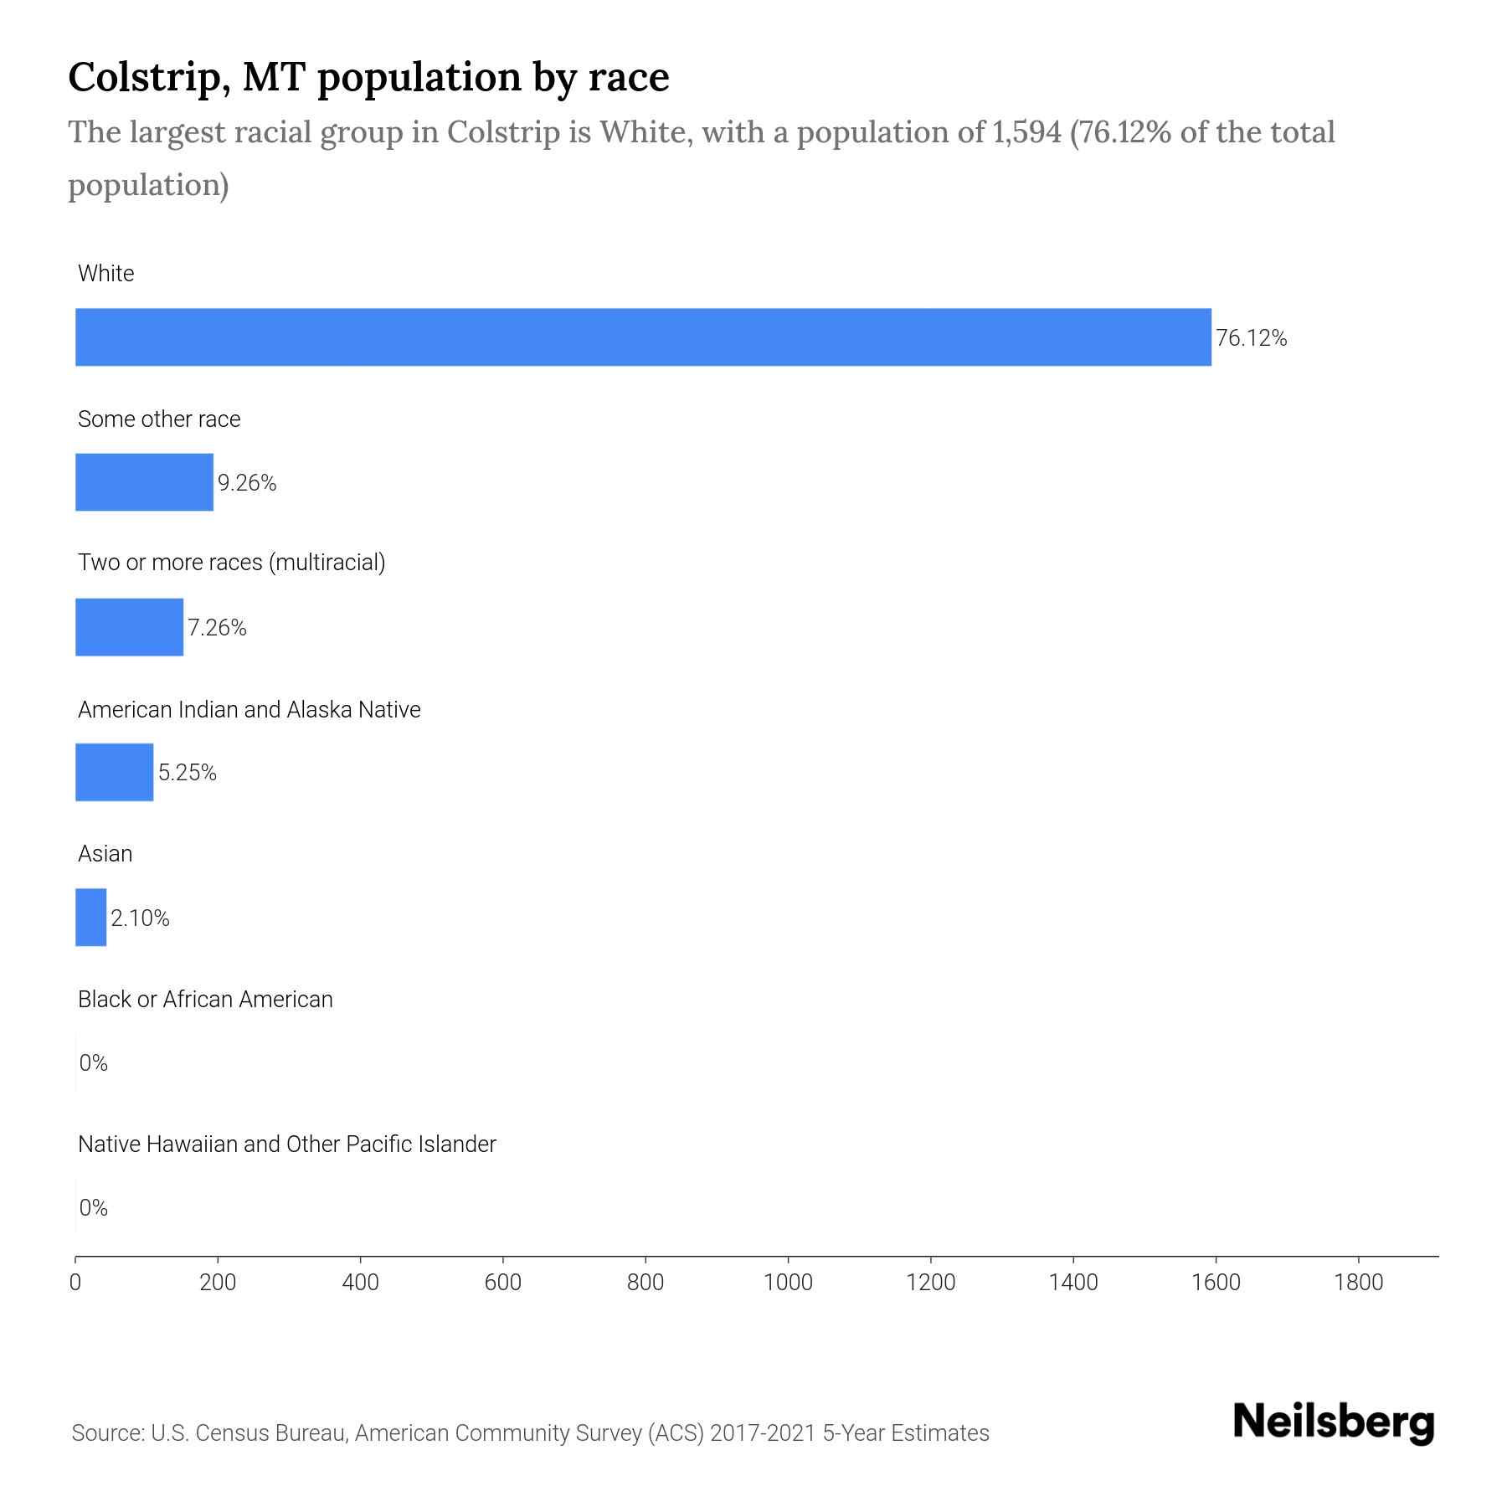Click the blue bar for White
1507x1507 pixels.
[x=643, y=337]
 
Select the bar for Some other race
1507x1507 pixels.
[x=144, y=482]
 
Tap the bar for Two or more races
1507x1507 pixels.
[x=129, y=627]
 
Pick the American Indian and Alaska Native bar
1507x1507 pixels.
[x=114, y=772]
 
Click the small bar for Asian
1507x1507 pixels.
[x=90, y=917]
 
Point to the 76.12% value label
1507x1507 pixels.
[x=1251, y=338]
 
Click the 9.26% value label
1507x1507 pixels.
[x=247, y=483]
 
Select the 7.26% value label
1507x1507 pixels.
[x=217, y=628]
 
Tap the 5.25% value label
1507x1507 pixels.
[x=188, y=773]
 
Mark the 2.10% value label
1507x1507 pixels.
[x=140, y=918]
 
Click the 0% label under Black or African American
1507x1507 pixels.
[x=93, y=1063]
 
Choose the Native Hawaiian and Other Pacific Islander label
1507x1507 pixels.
[x=286, y=1144]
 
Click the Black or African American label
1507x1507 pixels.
[x=205, y=999]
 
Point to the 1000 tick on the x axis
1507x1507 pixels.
[x=788, y=1282]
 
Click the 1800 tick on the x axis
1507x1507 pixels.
[x=1358, y=1282]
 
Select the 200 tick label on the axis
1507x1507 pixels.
[x=218, y=1282]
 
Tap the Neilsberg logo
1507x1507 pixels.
[x=1334, y=1422]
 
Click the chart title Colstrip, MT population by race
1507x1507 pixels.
[x=368, y=77]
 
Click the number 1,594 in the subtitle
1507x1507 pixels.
[x=1026, y=132]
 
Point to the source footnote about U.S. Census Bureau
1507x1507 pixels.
[x=530, y=1433]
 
